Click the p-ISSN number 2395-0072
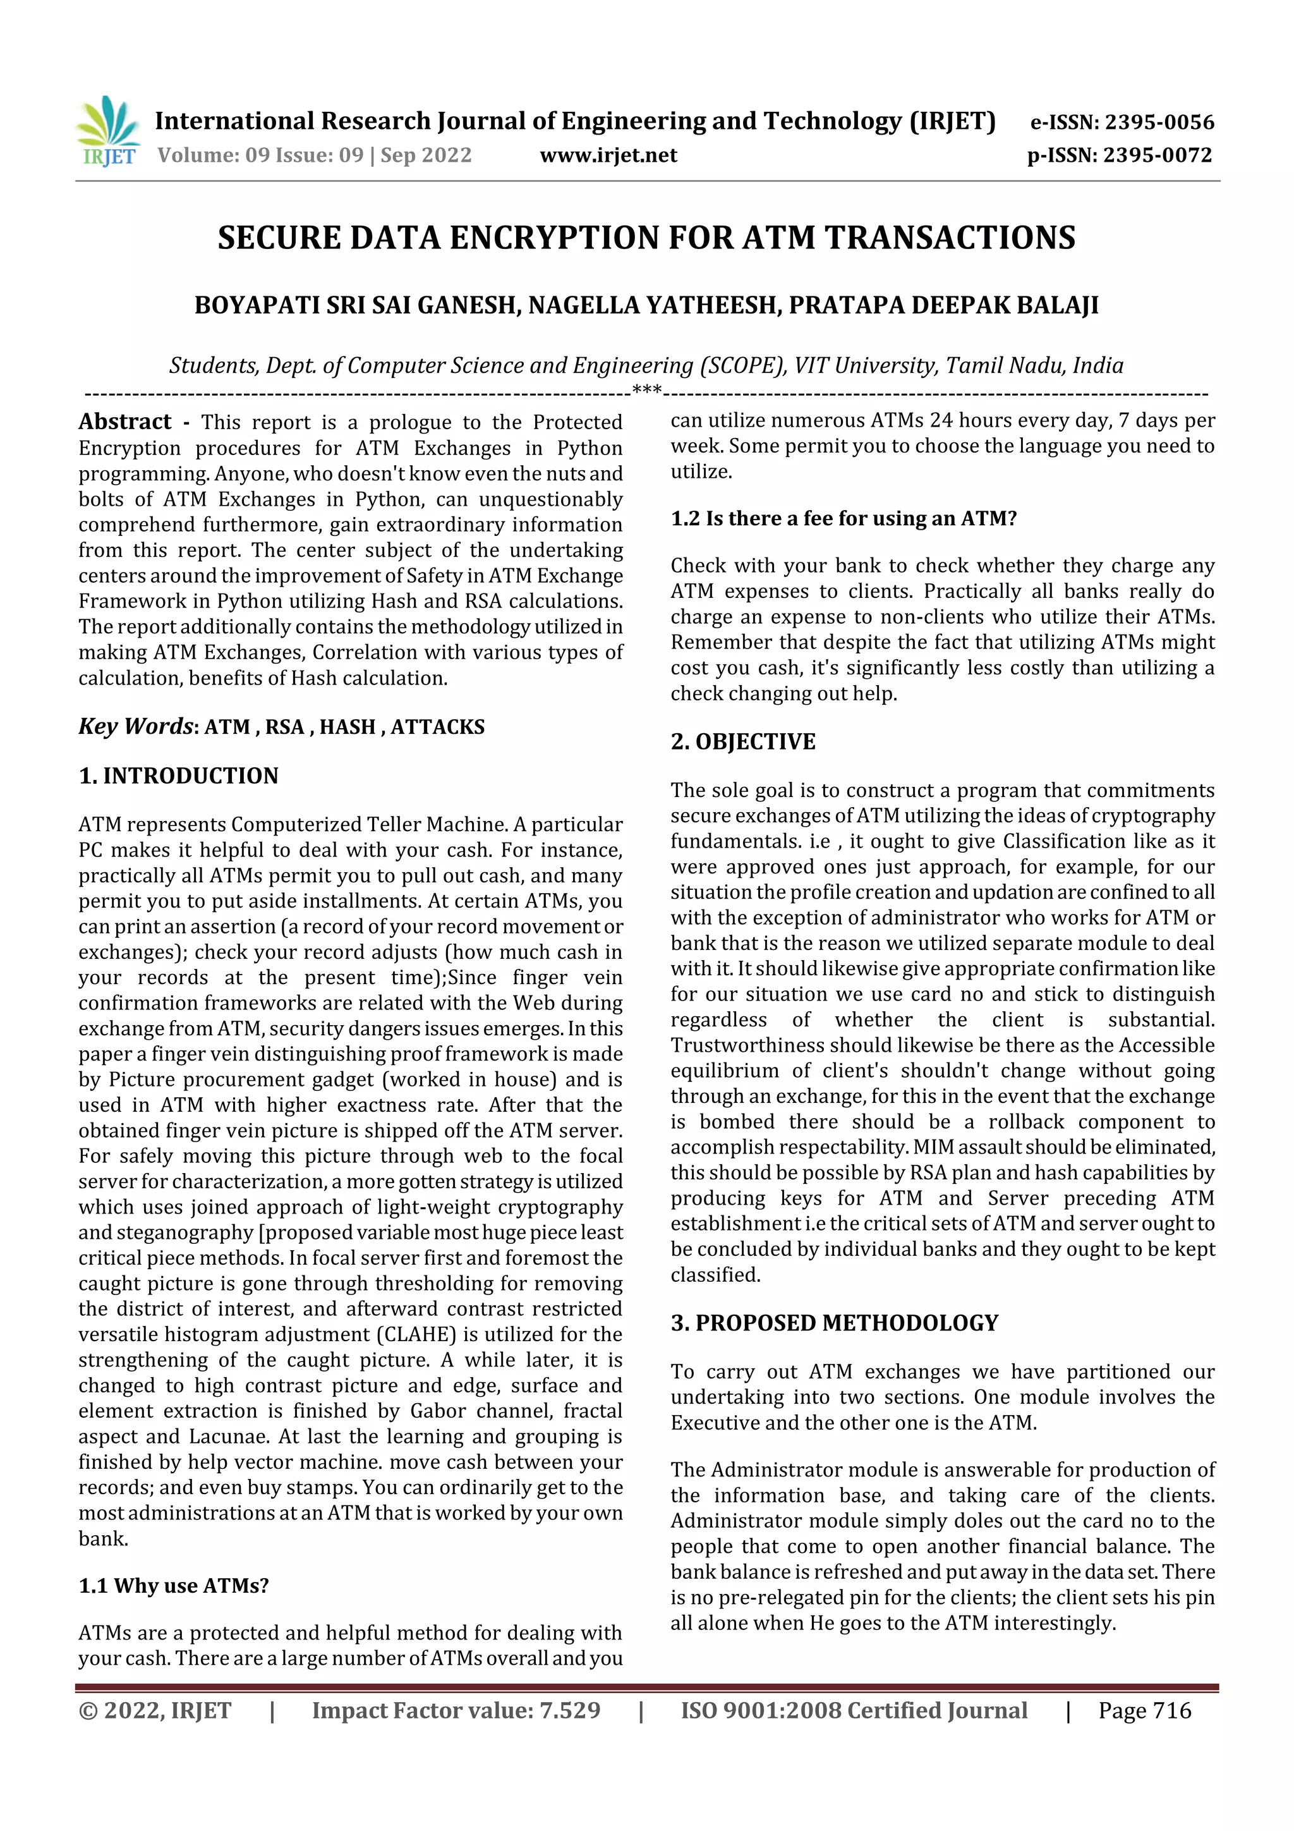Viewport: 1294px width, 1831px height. (x=1157, y=155)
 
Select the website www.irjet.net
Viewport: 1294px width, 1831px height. (x=608, y=155)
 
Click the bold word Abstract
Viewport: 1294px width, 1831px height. (x=125, y=421)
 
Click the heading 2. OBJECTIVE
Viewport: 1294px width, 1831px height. (x=742, y=741)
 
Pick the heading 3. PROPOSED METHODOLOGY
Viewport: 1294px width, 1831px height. (x=834, y=1322)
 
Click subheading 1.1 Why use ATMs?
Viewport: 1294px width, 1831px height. (x=174, y=1585)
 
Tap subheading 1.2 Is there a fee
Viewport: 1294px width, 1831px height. (x=843, y=518)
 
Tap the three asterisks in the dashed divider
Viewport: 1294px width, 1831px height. (x=646, y=390)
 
